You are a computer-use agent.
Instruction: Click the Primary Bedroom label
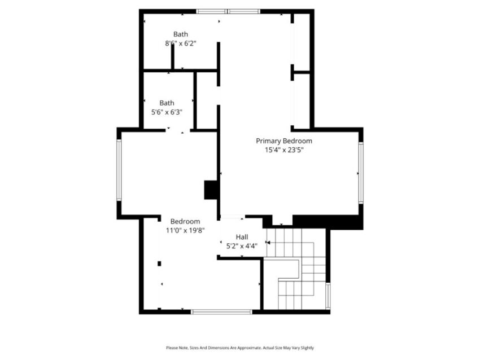pyautogui.click(x=284, y=141)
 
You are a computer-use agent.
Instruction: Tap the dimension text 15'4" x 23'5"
pyautogui.click(x=284, y=150)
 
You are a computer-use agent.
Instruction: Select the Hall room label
pyautogui.click(x=242, y=237)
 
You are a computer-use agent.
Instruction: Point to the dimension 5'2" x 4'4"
pyautogui.click(x=242, y=245)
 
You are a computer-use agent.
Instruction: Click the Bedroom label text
pyautogui.click(x=185, y=221)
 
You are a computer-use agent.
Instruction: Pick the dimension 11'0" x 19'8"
pyautogui.click(x=185, y=230)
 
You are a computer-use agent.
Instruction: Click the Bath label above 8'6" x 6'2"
pyautogui.click(x=181, y=34)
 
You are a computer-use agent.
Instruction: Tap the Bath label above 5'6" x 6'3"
pyautogui.click(x=167, y=103)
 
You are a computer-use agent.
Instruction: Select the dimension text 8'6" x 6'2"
pyautogui.click(x=181, y=43)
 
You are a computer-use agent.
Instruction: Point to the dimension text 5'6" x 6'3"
pyautogui.click(x=167, y=112)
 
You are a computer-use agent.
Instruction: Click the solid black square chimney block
pyautogui.click(x=211, y=190)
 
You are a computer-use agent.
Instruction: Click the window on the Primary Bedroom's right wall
pyautogui.click(x=361, y=173)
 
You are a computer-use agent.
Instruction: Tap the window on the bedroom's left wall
pyautogui.click(x=119, y=170)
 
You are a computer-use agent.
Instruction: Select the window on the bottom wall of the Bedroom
pyautogui.click(x=221, y=312)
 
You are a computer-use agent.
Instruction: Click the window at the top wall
pyautogui.click(x=228, y=12)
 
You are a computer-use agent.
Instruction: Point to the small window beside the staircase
pyautogui.click(x=328, y=296)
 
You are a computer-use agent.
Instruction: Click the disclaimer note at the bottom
pyautogui.click(x=240, y=348)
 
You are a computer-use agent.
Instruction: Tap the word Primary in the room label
pyautogui.click(x=268, y=141)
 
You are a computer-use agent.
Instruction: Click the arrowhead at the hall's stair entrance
pyautogui.click(x=268, y=243)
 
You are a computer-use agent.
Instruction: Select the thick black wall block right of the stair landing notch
pyautogui.click(x=328, y=222)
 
